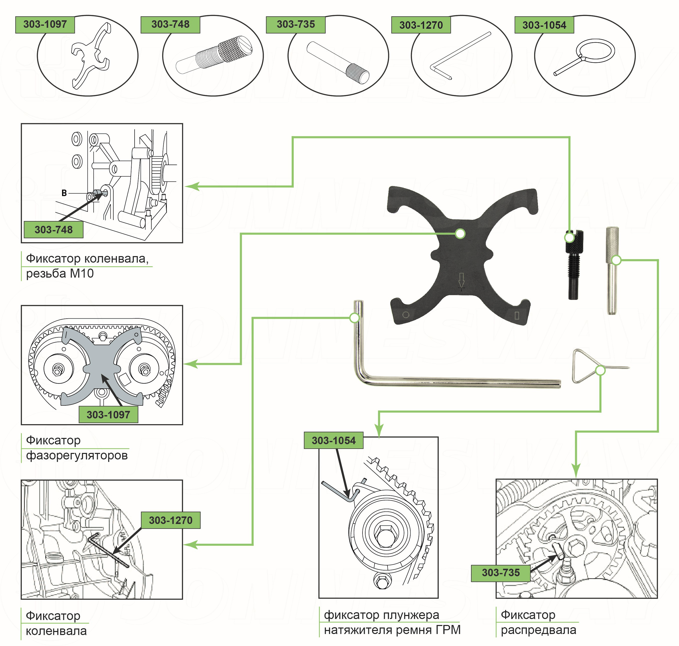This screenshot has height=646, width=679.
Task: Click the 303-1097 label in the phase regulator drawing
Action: [108, 415]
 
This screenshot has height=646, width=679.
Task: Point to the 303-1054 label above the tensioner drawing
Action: [333, 440]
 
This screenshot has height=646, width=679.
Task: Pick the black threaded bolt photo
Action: [573, 265]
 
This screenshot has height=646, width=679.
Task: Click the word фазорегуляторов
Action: [77, 456]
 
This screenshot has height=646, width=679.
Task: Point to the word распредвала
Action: [538, 630]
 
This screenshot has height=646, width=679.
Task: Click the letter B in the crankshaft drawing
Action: [64, 193]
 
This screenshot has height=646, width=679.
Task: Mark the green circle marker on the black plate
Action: [460, 234]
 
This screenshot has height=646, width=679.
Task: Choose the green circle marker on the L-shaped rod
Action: [355, 317]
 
